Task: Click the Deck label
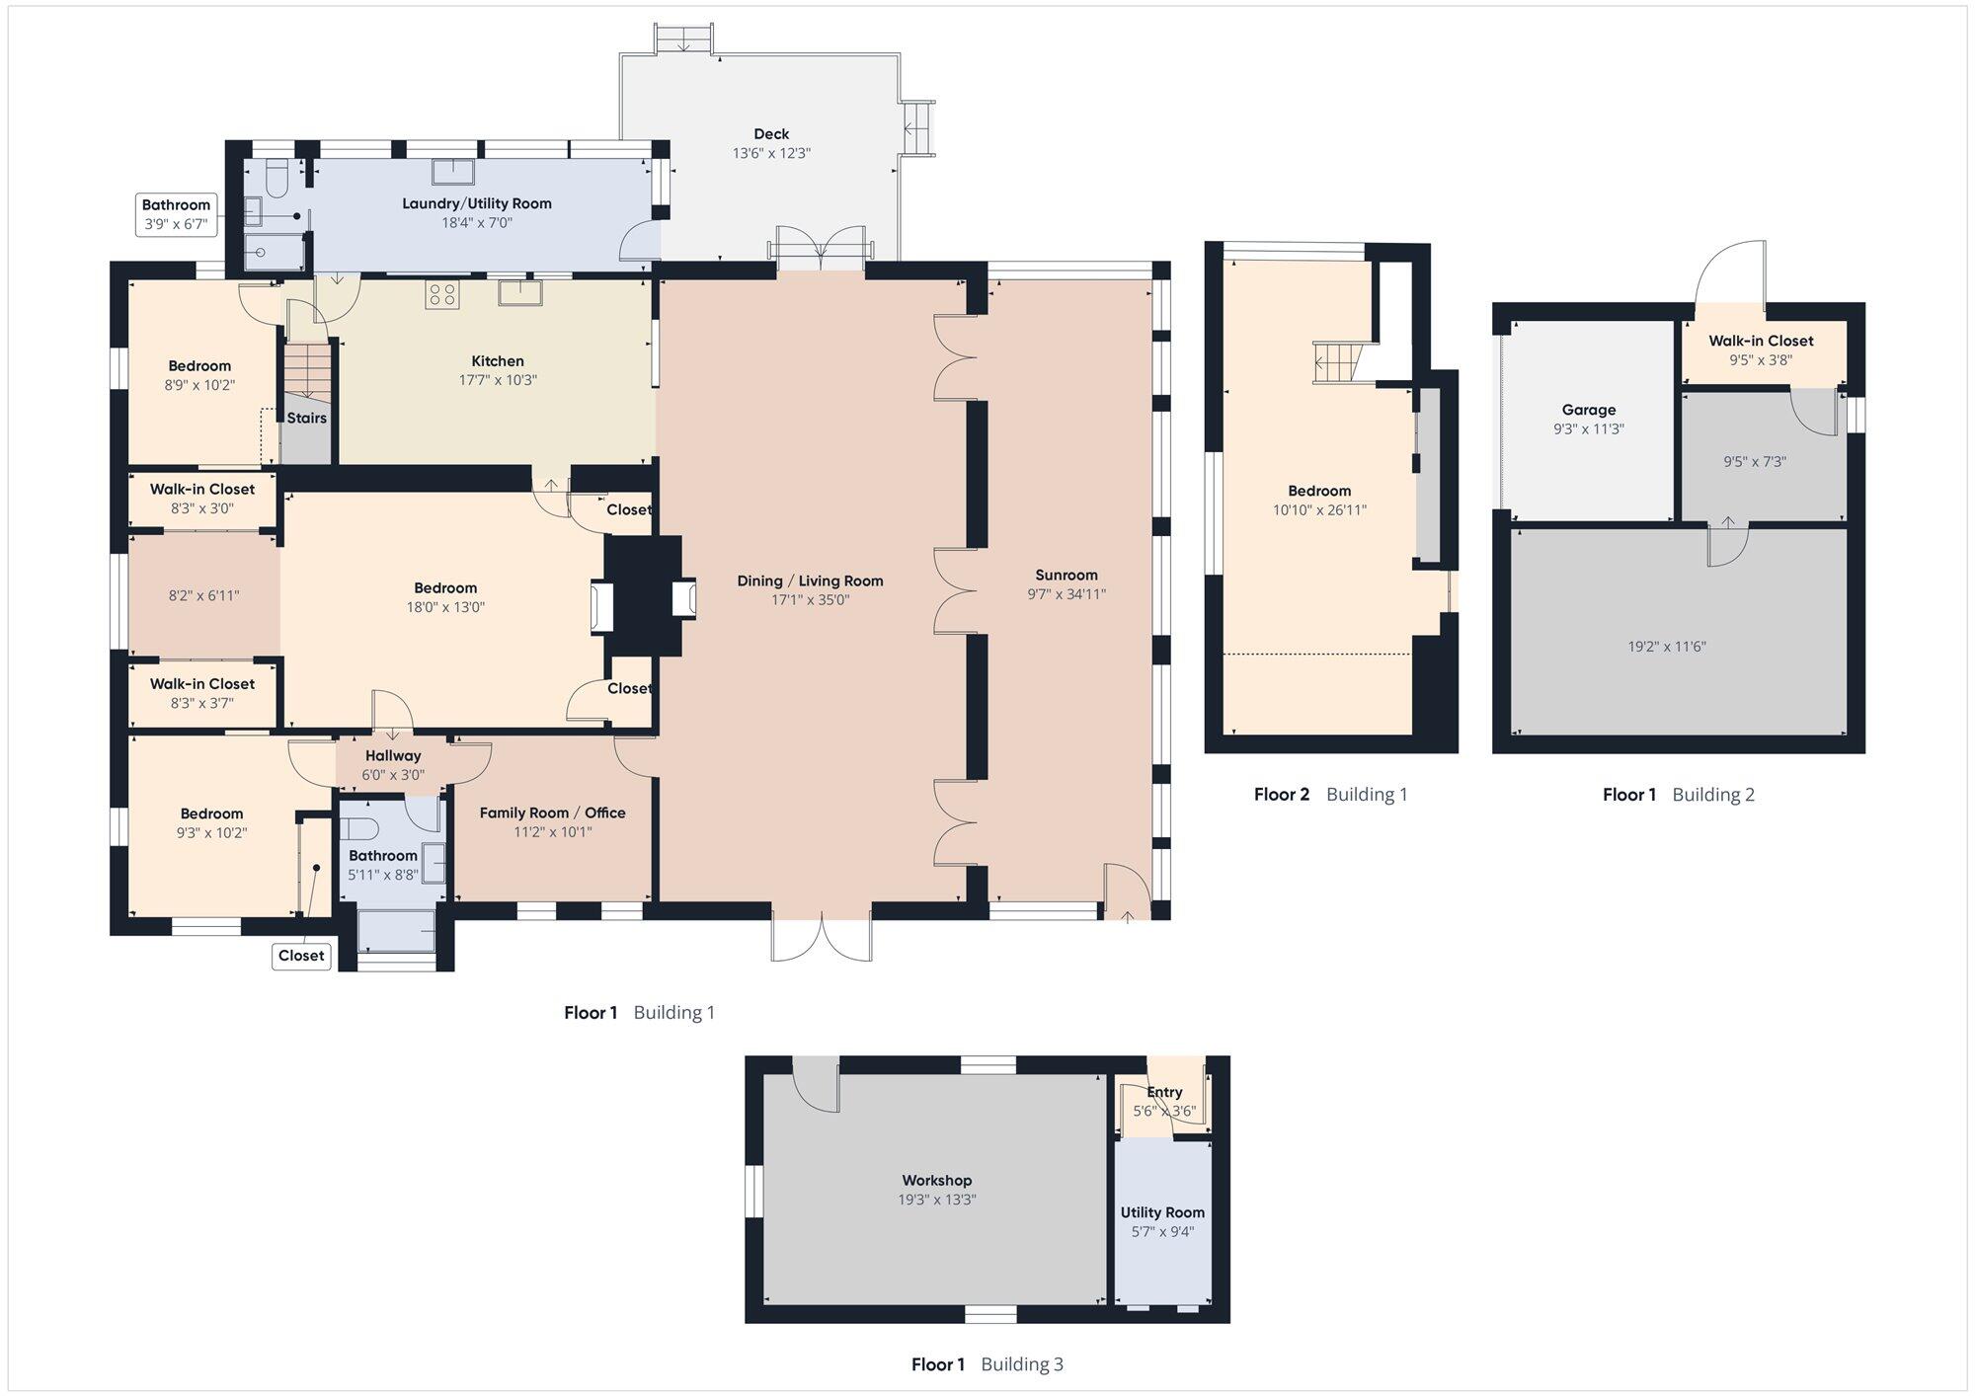tap(771, 134)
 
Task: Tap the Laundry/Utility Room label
tap(477, 203)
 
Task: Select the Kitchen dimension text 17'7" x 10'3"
tap(498, 380)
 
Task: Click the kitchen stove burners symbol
tap(441, 293)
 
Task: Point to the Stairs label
tap(307, 418)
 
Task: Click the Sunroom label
tap(1066, 575)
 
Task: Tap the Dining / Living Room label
tap(810, 581)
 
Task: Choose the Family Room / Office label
tap(553, 813)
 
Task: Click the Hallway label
tap(393, 755)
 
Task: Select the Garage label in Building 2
tap(1589, 410)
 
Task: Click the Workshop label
tap(937, 1180)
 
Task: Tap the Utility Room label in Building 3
tap(1162, 1212)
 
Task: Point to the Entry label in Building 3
tap(1165, 1092)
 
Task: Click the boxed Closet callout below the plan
tap(301, 956)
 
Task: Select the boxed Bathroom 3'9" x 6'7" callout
tap(176, 215)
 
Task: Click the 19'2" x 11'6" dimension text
tap(1667, 647)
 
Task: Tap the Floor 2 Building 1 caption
tap(1331, 794)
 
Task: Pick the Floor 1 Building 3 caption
tap(987, 1364)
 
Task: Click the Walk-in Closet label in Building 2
tap(1762, 341)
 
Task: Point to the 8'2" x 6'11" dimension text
tap(204, 595)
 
